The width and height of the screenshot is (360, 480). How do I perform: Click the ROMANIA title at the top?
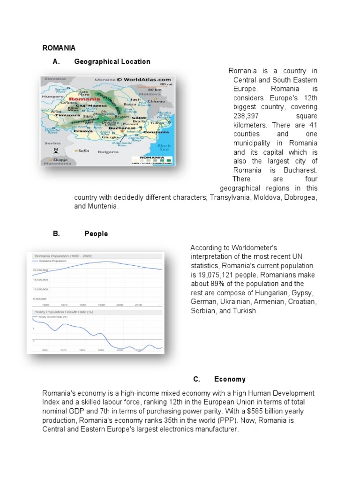click(59, 48)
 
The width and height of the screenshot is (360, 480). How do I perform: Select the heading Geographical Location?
click(112, 61)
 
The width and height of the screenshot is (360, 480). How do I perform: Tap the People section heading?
click(96, 233)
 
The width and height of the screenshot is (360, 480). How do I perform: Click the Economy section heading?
click(230, 379)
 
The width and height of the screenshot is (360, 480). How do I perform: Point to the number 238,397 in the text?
click(247, 115)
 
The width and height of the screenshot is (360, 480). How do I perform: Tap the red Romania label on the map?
click(84, 99)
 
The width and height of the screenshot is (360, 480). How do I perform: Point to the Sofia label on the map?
click(83, 150)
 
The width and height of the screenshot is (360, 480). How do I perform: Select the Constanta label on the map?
click(156, 132)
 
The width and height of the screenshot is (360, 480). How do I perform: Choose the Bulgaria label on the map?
click(108, 152)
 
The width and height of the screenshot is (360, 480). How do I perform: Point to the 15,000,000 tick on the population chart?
click(40, 279)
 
